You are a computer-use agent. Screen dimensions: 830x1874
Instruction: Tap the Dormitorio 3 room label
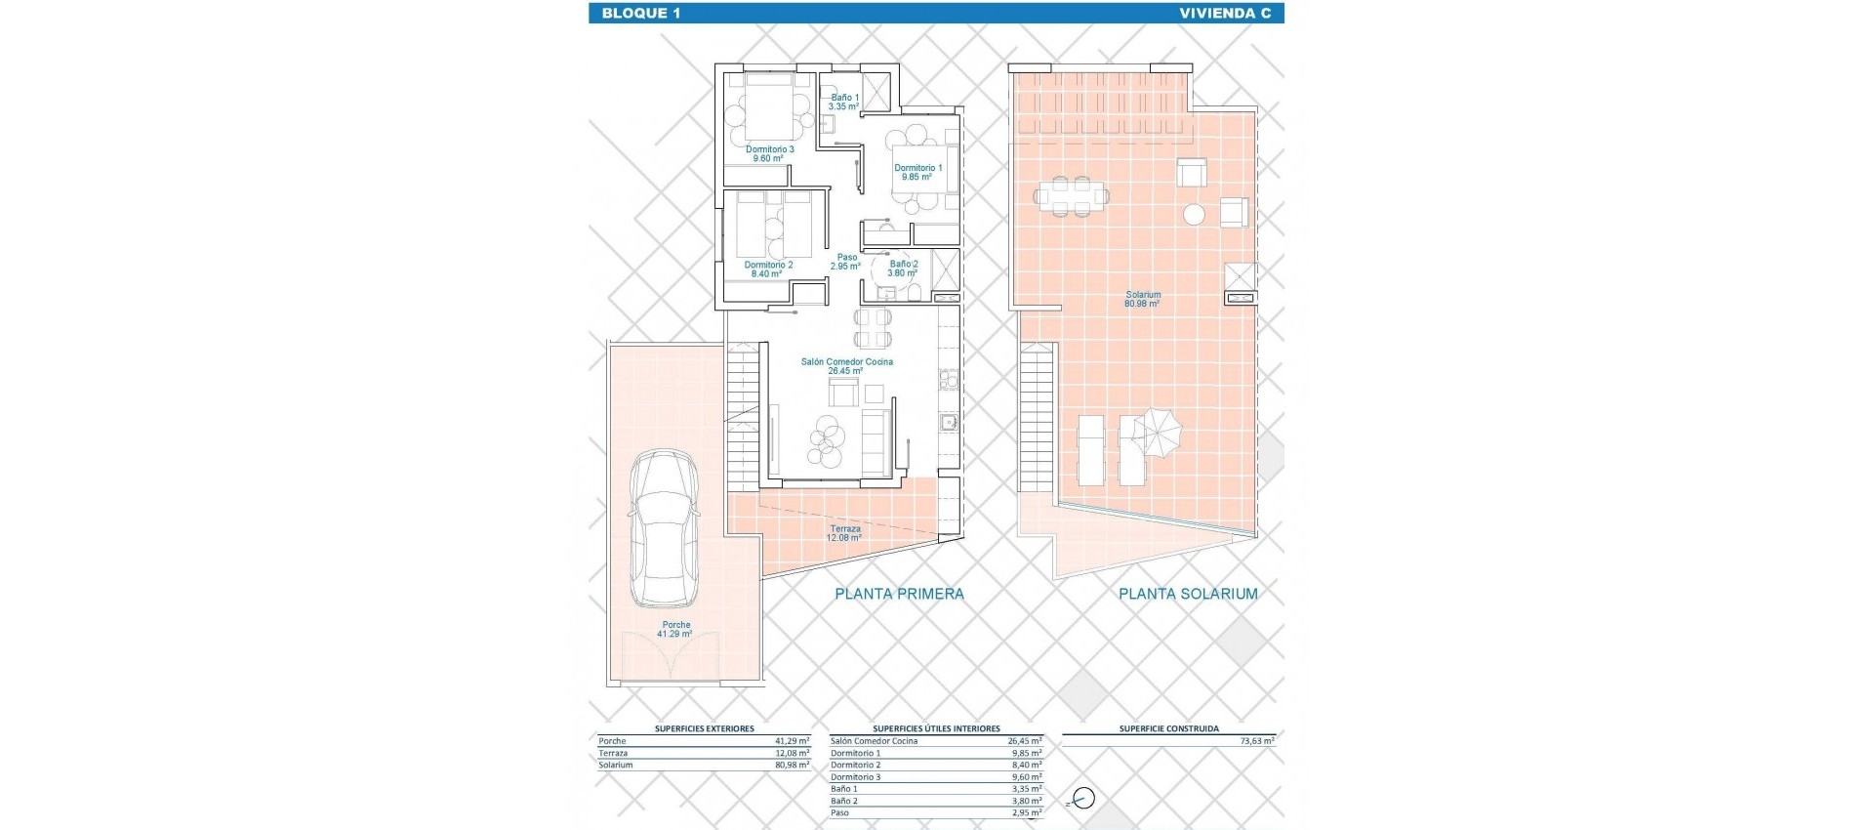pyautogui.click(x=769, y=153)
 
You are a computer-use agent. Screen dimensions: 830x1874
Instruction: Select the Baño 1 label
pyautogui.click(x=844, y=102)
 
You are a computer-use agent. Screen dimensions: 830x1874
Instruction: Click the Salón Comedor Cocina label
pyautogui.click(x=846, y=366)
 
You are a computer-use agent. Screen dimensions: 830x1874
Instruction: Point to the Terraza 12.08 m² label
pyautogui.click(x=845, y=533)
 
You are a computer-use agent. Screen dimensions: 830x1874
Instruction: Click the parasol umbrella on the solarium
pyautogui.click(x=1160, y=431)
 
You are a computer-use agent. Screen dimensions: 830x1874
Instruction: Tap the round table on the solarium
pyautogui.click(x=1193, y=214)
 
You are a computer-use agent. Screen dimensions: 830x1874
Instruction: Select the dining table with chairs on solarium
pyautogui.click(x=1072, y=195)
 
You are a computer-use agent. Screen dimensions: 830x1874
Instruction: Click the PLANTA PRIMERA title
pyautogui.click(x=899, y=594)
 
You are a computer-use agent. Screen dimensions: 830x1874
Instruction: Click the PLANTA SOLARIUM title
pyautogui.click(x=1188, y=594)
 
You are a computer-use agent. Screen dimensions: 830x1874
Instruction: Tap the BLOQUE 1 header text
pyautogui.click(x=641, y=13)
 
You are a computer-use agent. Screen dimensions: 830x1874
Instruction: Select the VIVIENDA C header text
pyautogui.click(x=1224, y=13)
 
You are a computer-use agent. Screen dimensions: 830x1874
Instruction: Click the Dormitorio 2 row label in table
pyautogui.click(x=855, y=766)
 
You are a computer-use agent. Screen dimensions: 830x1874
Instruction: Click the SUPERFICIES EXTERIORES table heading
pyautogui.click(x=704, y=728)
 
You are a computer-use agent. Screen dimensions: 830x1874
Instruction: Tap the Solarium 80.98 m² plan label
pyautogui.click(x=1142, y=299)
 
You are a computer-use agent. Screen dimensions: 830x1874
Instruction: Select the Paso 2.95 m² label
pyautogui.click(x=845, y=262)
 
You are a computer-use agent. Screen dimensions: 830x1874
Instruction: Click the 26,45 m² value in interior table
pyautogui.click(x=1025, y=741)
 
